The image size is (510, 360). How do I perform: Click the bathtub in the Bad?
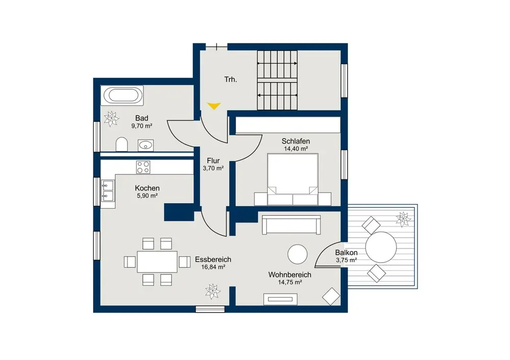point(122,96)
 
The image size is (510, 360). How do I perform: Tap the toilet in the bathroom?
point(122,144)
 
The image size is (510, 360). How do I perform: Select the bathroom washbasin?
point(145,145)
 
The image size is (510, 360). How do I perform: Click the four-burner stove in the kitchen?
point(143,167)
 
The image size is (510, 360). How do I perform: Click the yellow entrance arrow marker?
point(214,106)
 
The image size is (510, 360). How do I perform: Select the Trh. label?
point(231,80)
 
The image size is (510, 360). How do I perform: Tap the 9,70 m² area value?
point(142,126)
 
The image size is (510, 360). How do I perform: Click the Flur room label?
point(213,161)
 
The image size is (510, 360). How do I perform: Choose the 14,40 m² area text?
point(295,148)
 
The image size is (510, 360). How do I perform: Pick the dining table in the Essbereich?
point(157,262)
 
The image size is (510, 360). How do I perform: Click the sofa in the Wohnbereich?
point(291,225)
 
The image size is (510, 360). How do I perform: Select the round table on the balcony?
point(381,247)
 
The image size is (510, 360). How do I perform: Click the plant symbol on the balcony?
point(403,219)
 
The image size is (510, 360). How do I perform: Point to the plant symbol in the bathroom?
point(111,118)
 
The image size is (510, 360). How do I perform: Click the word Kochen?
point(147,188)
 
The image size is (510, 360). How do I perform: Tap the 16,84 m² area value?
point(213,267)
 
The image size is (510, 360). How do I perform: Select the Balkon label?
point(346,253)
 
